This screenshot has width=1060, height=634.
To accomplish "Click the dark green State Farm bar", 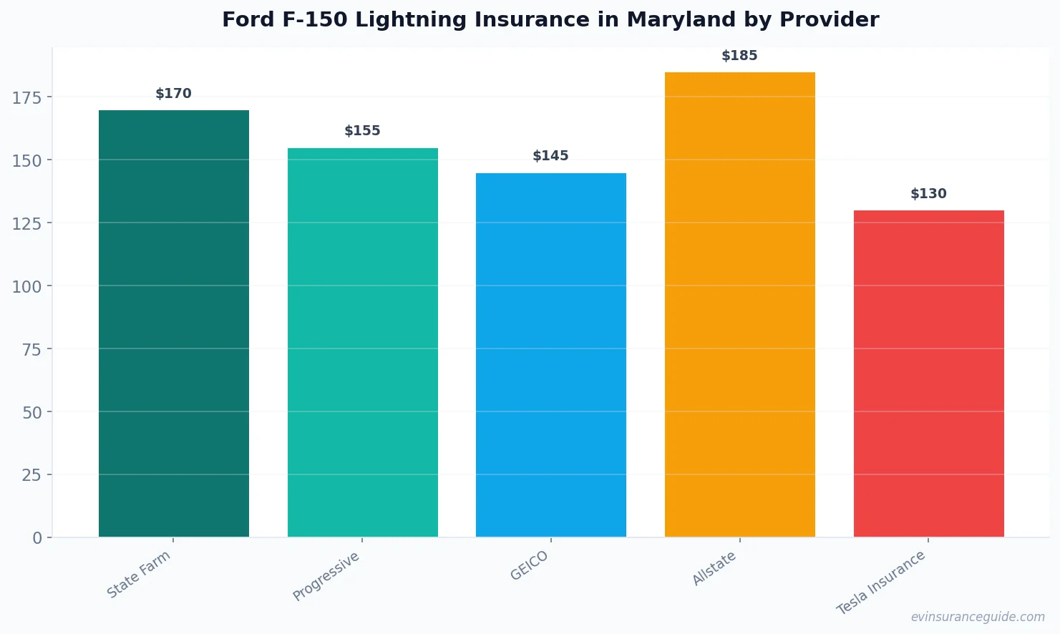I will tap(174, 323).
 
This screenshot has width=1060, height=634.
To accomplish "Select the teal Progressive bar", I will tap(362, 342).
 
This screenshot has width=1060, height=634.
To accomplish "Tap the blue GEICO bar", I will tap(550, 355).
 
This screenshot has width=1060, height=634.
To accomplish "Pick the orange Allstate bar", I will tap(739, 304).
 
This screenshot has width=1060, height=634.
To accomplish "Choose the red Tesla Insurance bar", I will tap(928, 374).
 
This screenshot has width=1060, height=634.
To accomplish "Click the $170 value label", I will tap(174, 94).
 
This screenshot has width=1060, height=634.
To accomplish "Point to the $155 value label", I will tap(362, 131).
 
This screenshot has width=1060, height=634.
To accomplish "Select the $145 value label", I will tap(550, 156).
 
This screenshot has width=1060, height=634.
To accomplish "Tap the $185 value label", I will tap(739, 56).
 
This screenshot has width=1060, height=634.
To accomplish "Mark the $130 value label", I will tap(928, 194).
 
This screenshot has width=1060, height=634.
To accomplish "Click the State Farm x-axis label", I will tap(139, 574).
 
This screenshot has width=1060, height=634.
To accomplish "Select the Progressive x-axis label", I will tap(326, 576).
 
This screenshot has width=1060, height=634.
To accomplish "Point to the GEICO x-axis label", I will tap(530, 565).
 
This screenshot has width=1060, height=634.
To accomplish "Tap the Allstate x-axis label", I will tap(714, 569).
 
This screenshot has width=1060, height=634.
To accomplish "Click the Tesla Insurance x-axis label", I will tap(881, 582).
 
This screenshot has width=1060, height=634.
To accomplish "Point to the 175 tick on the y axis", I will tap(27, 97).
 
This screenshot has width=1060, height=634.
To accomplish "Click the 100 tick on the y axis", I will tap(27, 286).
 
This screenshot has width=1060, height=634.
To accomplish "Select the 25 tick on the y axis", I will tap(31, 475).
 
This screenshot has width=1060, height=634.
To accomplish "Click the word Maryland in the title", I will tap(681, 20).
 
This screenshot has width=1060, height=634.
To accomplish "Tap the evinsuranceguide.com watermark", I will tap(978, 617).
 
